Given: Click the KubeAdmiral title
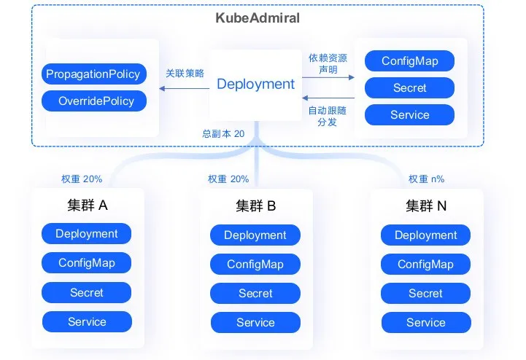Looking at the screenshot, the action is click(x=258, y=17).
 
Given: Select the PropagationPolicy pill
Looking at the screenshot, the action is click(x=94, y=74).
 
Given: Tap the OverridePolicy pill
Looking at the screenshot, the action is click(x=94, y=101).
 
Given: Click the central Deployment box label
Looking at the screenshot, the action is click(x=255, y=84).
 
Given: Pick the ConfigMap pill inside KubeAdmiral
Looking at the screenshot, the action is click(x=409, y=60).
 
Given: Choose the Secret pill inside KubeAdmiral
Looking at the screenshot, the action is click(x=409, y=88).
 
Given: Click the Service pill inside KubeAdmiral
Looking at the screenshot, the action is click(x=409, y=115).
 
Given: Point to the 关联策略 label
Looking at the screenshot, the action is click(x=185, y=73).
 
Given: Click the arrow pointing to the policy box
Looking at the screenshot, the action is click(x=184, y=88).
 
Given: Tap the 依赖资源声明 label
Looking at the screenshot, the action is click(x=328, y=63).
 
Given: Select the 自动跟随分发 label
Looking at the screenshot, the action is click(x=327, y=116).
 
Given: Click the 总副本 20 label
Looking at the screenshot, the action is click(x=223, y=134).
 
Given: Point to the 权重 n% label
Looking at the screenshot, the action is click(x=426, y=179).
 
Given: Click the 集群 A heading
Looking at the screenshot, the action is click(x=88, y=205).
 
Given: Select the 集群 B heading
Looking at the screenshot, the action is click(x=255, y=206).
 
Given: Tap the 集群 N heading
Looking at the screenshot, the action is click(x=426, y=206).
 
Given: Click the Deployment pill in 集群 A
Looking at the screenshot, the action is click(x=87, y=234).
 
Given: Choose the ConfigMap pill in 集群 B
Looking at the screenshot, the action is click(x=255, y=264).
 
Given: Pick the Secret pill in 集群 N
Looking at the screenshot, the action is click(x=426, y=293).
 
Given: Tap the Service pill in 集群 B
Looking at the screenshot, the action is click(x=255, y=322).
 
